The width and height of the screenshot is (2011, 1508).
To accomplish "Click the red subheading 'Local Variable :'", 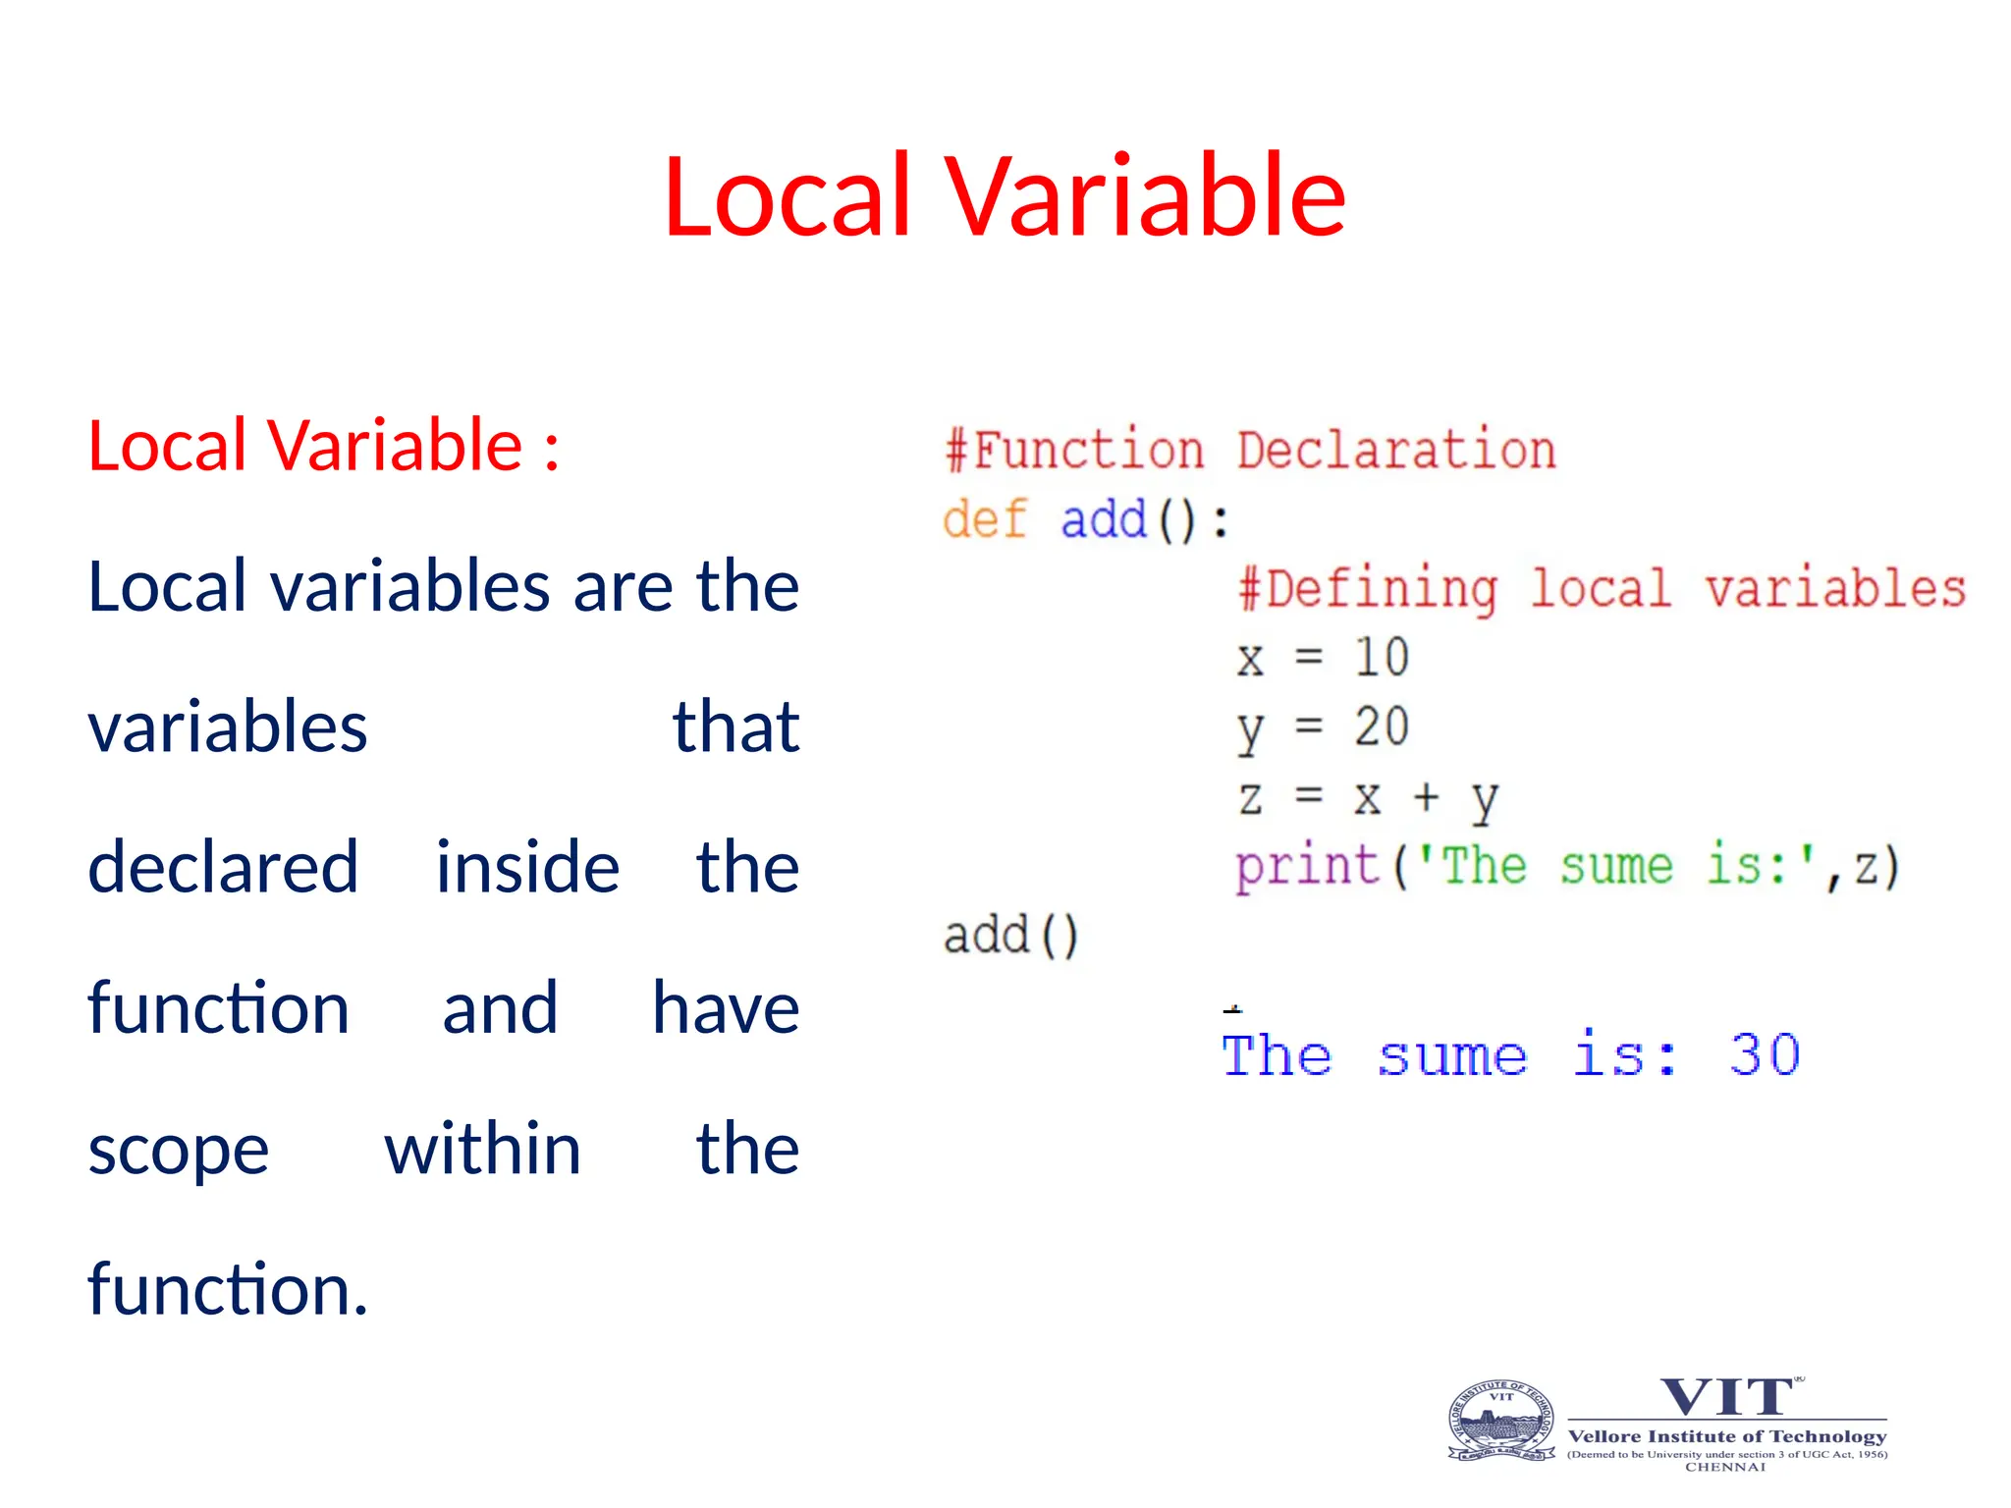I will pos(323,446).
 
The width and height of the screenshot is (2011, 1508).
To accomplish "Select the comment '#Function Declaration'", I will pos(1249,451).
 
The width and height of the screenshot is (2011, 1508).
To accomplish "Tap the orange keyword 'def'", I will pos(984,519).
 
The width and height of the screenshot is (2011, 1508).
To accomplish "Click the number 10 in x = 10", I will pos(1382,657).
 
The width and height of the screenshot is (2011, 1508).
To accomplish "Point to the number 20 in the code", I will pos(1382,727).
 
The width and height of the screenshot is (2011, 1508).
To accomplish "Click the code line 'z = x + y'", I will pos(1367,797).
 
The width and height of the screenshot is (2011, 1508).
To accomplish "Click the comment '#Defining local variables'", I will pos(1601,589).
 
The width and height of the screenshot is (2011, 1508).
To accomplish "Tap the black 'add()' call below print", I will pos(1010,935).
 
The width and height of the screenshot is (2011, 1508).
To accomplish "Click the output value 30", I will pos(1764,1056).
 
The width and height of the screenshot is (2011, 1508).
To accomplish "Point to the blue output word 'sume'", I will pos(1451,1057).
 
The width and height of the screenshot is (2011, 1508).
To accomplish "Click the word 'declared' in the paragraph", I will pos(223,868).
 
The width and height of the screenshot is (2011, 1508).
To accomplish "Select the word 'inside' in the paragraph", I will pos(527,868).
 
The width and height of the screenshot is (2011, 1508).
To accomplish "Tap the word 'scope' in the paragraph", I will pos(178,1150).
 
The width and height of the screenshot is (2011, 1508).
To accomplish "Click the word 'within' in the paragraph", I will pos(482,1149).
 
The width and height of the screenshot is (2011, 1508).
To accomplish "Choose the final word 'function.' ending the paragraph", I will pos(228,1289).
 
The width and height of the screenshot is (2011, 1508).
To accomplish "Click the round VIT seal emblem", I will pos(1501,1421).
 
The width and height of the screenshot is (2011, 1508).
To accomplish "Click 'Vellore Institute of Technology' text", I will pos(1726,1436).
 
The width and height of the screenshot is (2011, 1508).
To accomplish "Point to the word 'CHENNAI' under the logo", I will pos(1725,1467).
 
